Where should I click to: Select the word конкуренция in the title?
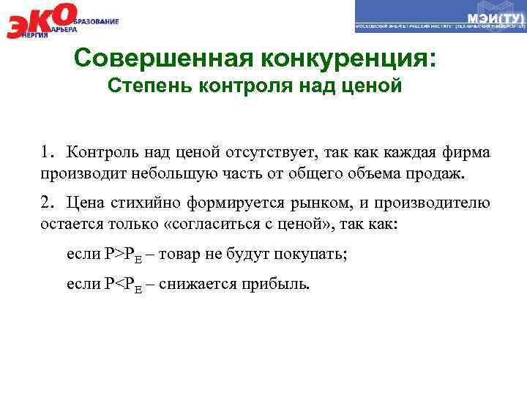click(x=351, y=58)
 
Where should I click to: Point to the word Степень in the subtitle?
click(x=146, y=86)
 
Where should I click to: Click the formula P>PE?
click(x=120, y=255)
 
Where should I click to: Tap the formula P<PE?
click(x=120, y=284)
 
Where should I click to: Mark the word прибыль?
click(x=277, y=283)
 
